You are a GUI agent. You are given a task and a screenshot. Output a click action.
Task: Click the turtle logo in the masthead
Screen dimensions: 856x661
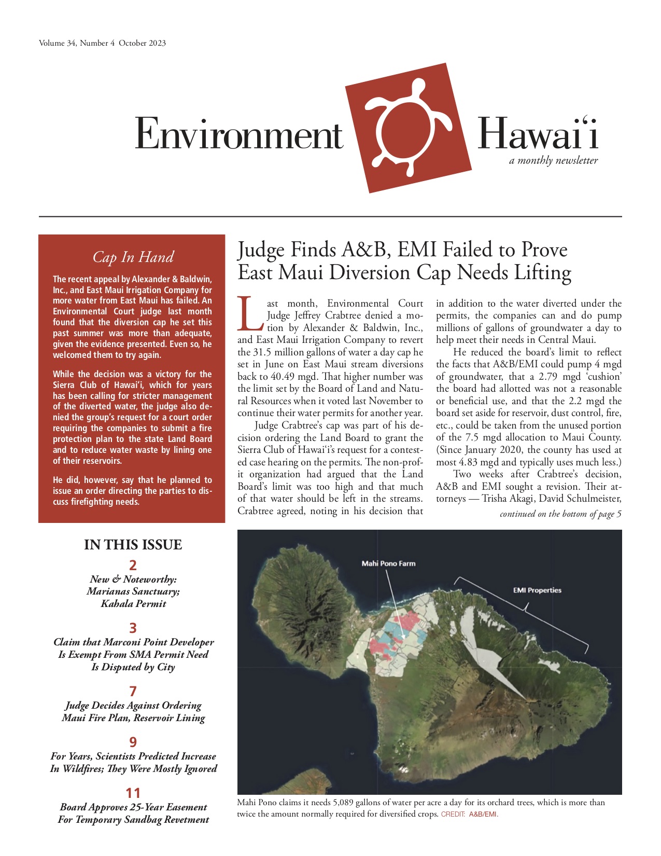[408, 128]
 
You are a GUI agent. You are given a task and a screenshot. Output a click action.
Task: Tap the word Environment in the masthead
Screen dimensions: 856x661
[238, 134]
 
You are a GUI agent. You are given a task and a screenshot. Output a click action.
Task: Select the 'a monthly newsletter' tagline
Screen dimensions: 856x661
[553, 161]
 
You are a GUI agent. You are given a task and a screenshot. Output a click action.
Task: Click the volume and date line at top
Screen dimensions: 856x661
[102, 43]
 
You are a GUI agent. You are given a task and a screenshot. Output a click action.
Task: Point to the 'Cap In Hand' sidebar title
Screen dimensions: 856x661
[133, 257]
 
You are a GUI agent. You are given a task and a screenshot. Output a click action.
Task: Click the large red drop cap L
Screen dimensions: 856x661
[251, 313]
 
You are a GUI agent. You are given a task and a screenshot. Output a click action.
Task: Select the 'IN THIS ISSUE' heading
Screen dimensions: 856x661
[133, 545]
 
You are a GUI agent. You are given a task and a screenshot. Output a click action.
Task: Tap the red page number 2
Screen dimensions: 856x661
[133, 565]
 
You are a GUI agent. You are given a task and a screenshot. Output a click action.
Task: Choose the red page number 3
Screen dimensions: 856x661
[133, 628]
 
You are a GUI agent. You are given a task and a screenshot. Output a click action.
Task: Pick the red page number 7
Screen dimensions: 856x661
[133, 691]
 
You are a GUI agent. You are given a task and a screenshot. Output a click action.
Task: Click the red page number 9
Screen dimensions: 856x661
[133, 742]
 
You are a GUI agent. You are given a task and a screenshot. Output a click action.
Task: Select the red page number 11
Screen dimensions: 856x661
[133, 793]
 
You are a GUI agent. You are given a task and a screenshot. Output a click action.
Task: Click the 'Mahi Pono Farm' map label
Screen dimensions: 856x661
[388, 563]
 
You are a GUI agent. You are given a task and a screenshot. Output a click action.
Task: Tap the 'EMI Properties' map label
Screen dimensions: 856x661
[537, 590]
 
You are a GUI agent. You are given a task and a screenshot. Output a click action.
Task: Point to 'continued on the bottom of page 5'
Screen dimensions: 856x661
[560, 514]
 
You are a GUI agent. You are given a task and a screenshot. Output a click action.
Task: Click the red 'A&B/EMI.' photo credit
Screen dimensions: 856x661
[483, 814]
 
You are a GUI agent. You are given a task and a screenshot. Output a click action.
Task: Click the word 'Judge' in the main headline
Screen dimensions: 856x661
[261, 250]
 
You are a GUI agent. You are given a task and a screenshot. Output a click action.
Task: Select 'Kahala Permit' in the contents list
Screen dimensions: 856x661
[133, 604]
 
